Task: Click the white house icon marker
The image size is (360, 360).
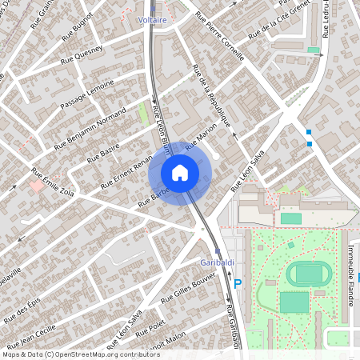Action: click(180, 172)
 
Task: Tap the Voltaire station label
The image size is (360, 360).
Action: click(152, 18)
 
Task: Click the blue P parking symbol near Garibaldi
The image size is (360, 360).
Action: click(237, 283)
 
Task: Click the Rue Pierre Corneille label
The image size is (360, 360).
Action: click(218, 44)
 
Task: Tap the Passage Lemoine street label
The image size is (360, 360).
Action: click(86, 95)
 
